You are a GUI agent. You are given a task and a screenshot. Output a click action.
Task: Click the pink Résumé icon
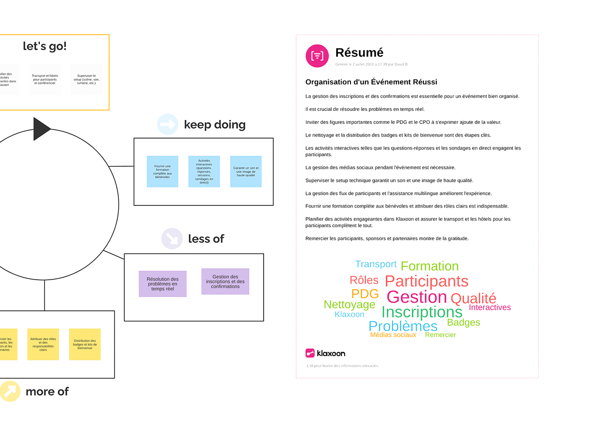[x=317, y=56]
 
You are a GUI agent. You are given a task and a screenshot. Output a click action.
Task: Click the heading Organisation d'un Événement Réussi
[x=371, y=82]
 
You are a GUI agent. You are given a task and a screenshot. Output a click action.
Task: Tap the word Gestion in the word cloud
[x=416, y=297]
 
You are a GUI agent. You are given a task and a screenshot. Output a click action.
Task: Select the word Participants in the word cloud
[x=426, y=281]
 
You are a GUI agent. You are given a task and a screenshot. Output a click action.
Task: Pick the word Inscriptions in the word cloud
[x=421, y=312]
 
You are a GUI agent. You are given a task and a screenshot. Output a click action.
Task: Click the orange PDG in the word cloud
[x=365, y=294]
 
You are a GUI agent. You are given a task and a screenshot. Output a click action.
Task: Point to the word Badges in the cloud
[x=463, y=322]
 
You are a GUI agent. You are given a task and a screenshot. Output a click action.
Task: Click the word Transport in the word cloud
[x=376, y=264]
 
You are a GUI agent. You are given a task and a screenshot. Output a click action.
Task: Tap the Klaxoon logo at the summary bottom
[x=325, y=353]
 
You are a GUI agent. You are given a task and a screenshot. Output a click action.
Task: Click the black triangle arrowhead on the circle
[x=41, y=129]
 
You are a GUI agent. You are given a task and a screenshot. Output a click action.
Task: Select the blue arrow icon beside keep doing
[x=167, y=124]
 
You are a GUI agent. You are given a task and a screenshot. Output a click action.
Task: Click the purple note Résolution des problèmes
[x=162, y=284]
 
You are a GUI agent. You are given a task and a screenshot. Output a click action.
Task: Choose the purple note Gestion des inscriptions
[x=225, y=281]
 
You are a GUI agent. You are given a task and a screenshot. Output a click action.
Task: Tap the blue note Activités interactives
[x=204, y=171]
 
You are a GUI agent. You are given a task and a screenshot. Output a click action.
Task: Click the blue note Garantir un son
[x=246, y=171]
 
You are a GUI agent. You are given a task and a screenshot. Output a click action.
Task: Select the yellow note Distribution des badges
[x=85, y=344]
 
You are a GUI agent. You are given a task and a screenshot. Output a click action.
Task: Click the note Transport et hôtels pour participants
[x=45, y=79]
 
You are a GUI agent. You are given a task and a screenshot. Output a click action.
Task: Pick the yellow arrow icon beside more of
[x=10, y=391]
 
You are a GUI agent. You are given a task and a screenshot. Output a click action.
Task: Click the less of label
[x=206, y=239]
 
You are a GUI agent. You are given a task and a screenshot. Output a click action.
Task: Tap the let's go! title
[x=44, y=46]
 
